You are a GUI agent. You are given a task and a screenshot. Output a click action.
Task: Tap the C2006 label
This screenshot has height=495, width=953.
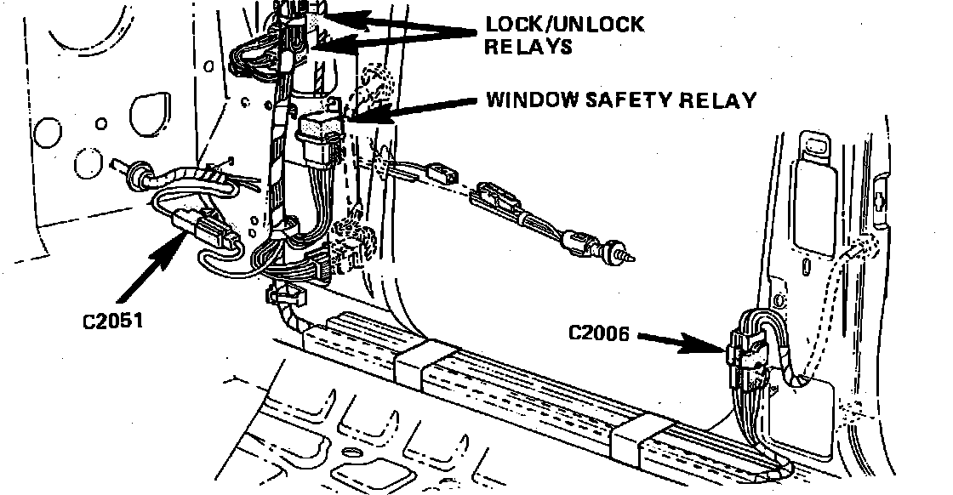598,333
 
